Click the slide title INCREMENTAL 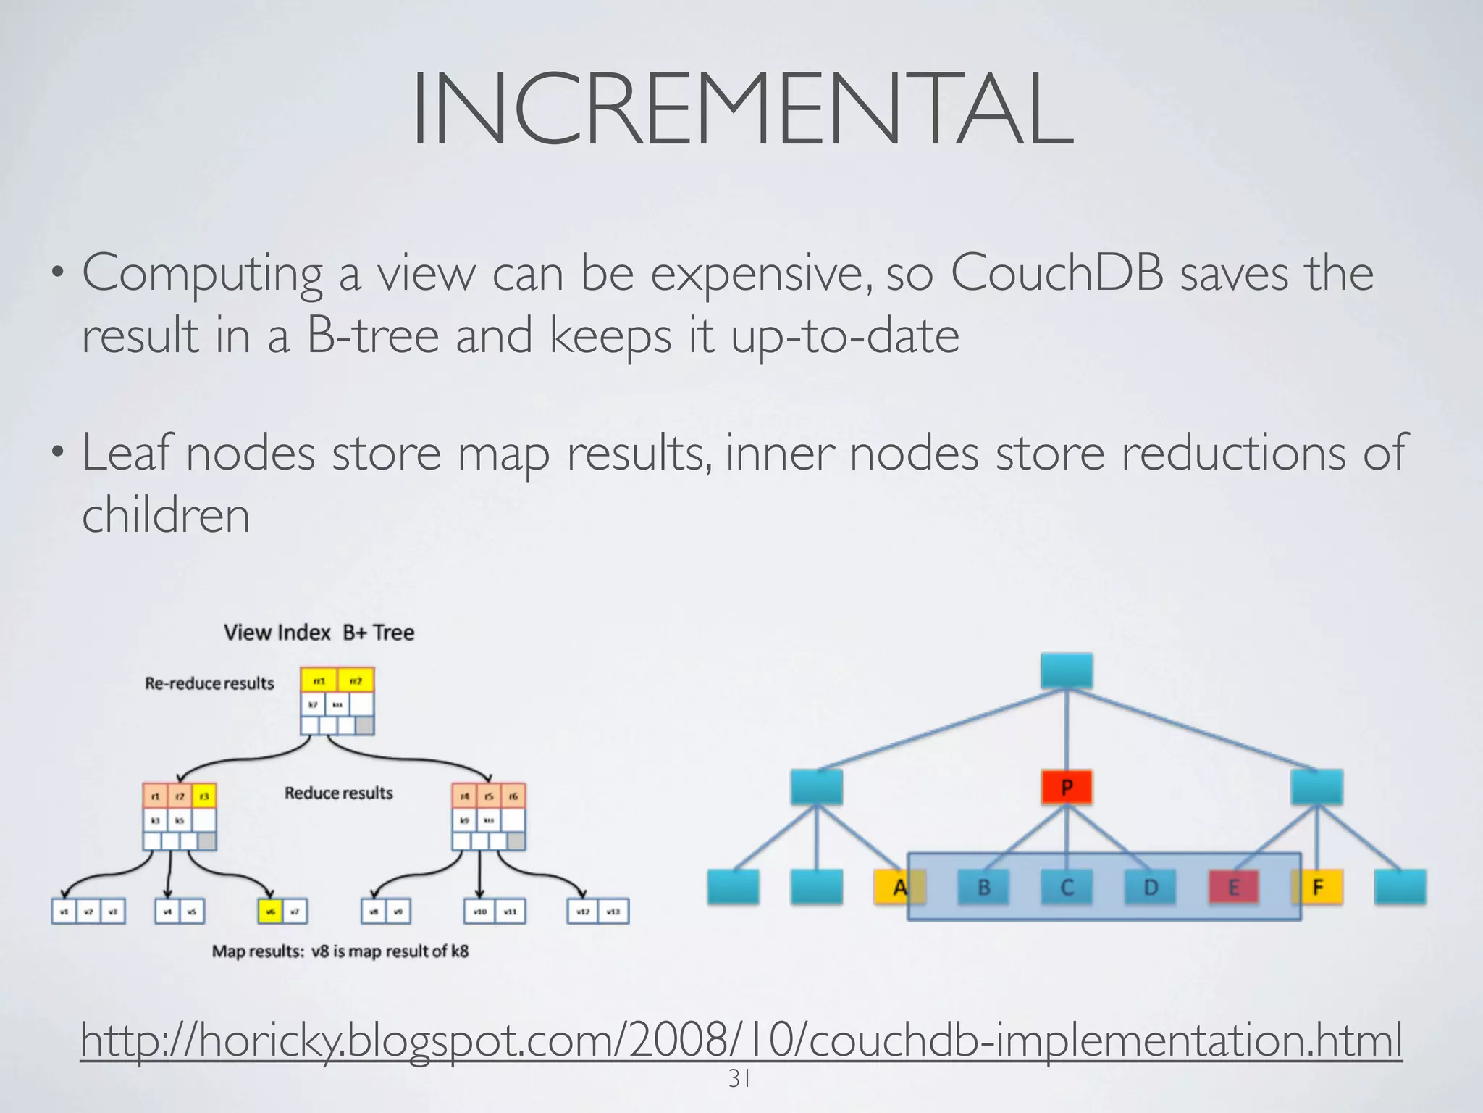click(x=741, y=110)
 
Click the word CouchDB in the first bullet click(x=1057, y=274)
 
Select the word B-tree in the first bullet click(x=372, y=336)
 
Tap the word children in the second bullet click(x=166, y=515)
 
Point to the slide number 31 click(x=739, y=1079)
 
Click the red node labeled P click(x=1067, y=788)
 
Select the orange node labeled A click(x=899, y=887)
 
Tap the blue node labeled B click(x=983, y=887)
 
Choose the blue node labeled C click(x=1067, y=887)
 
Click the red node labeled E click(x=1234, y=887)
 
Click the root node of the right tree click(x=1067, y=670)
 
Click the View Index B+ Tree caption click(x=319, y=633)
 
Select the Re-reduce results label click(x=209, y=683)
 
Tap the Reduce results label click(x=338, y=793)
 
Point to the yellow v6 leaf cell click(x=270, y=912)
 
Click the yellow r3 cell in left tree click(x=204, y=796)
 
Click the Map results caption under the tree click(x=340, y=951)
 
